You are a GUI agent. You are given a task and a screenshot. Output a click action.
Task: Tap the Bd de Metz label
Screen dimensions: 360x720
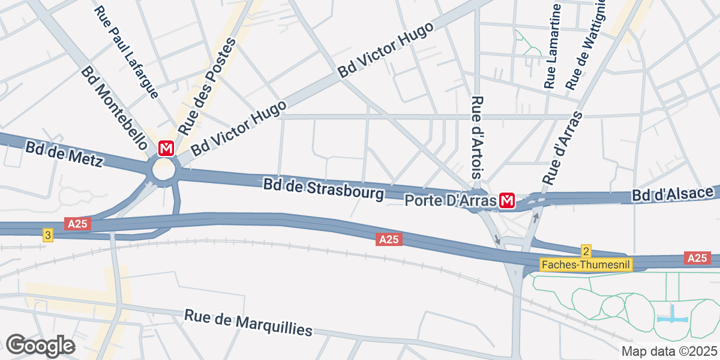(x=65, y=154)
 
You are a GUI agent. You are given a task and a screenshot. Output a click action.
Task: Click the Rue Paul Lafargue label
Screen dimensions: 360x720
(x=127, y=52)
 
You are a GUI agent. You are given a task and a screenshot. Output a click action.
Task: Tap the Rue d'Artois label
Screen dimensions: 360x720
(x=478, y=137)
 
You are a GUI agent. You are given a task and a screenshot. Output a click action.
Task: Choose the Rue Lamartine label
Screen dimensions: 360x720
(x=553, y=46)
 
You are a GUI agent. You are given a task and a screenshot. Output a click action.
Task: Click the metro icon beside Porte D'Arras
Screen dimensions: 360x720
(x=508, y=200)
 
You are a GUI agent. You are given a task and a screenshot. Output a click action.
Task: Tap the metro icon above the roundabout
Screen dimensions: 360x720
(x=166, y=148)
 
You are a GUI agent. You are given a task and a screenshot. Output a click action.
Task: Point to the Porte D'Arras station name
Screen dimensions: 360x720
(x=451, y=200)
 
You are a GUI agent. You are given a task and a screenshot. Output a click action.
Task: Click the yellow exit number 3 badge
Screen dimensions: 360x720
(x=47, y=235)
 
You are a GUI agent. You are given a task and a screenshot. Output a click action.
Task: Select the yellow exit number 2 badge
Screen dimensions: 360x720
(x=586, y=251)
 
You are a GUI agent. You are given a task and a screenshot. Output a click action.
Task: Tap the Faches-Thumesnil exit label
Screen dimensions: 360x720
(x=586, y=264)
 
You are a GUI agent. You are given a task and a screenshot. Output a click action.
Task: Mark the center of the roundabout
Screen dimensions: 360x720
(x=164, y=169)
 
